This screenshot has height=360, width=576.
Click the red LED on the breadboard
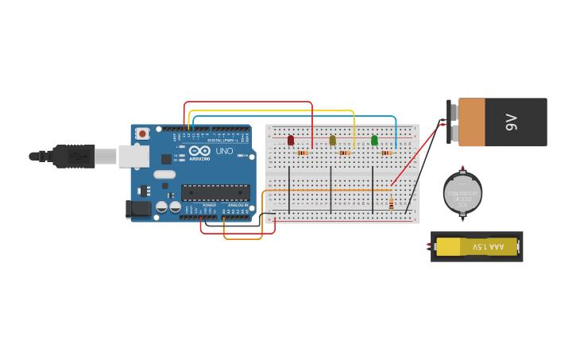pos(291,140)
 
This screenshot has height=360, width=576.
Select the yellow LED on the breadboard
pos(333,141)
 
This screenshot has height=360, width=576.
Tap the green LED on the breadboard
pos(374,141)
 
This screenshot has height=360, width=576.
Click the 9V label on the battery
pos(512,122)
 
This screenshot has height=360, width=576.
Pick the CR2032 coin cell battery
pos(462,193)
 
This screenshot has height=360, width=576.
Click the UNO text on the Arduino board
pos(224,151)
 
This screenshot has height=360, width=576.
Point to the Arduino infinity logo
pos(199,150)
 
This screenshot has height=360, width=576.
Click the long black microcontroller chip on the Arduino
pos(215,192)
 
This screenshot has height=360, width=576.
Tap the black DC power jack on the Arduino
pos(138,209)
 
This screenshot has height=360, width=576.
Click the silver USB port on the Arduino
pos(133,156)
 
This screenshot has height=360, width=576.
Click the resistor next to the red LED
pos(303,153)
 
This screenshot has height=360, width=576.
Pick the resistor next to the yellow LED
pos(344,153)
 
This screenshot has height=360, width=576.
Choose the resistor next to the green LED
pos(386,153)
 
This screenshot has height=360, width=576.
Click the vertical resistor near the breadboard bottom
pos(391,204)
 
